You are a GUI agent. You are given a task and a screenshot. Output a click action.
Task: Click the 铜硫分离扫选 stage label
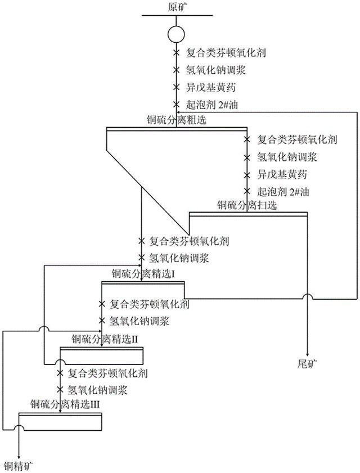click(247, 206)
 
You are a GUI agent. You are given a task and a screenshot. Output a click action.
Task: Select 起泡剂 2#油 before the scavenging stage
click(284, 191)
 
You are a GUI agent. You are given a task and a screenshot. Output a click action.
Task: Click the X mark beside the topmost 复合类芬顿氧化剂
click(176, 53)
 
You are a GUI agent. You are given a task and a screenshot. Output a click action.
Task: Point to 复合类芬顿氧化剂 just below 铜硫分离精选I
click(149, 304)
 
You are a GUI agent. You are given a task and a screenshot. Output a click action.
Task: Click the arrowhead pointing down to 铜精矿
click(20, 455)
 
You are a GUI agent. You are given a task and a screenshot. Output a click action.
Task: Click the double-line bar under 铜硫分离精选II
click(101, 349)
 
